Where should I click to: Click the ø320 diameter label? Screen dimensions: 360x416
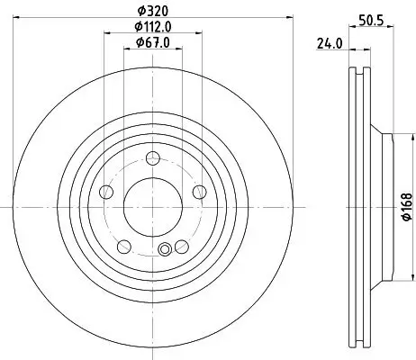[151, 12]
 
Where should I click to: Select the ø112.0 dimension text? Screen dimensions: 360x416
[151, 27]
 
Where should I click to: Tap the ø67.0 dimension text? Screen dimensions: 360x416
[151, 41]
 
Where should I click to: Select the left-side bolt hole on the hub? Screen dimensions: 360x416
[107, 192]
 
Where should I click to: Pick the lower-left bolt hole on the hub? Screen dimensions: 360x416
[124, 244]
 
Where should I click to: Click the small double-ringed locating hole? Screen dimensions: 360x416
[165, 250]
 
